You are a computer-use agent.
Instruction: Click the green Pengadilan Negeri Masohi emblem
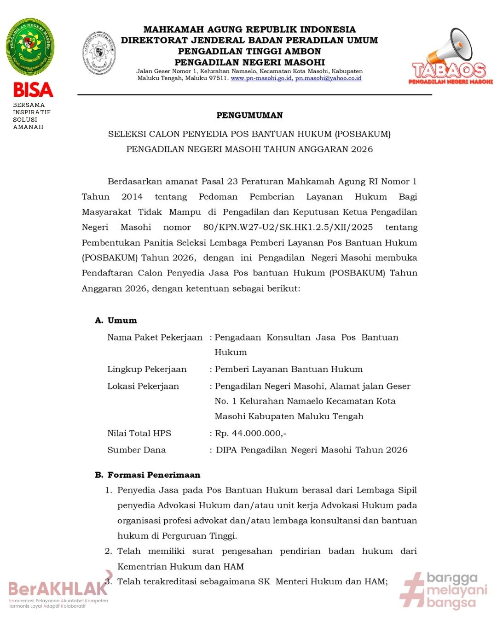pos(30,47)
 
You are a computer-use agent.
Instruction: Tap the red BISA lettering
pos(33,90)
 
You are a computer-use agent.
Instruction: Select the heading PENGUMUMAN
pos(249,115)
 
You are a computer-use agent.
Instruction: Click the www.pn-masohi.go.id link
pos(261,78)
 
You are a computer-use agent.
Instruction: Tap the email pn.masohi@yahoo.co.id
pos(328,78)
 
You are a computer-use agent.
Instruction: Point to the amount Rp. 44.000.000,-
pos(251,433)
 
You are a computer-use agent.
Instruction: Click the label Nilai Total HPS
pos(139,433)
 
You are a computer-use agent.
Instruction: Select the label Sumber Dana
pos(136,450)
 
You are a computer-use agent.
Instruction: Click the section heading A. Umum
pos(116,320)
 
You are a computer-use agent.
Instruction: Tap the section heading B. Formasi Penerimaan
pos(148,475)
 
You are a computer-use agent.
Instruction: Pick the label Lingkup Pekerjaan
pos(147,369)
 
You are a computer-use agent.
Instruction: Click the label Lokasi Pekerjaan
pos(143,386)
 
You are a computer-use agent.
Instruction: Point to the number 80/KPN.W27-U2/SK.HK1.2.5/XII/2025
pos(288,227)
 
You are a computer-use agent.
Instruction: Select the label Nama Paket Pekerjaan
pos(155,337)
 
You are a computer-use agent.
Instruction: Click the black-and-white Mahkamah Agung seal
pos(99,53)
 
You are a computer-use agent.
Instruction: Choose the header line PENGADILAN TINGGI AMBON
pos(249,51)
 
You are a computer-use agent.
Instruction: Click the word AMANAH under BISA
pos(28,127)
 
